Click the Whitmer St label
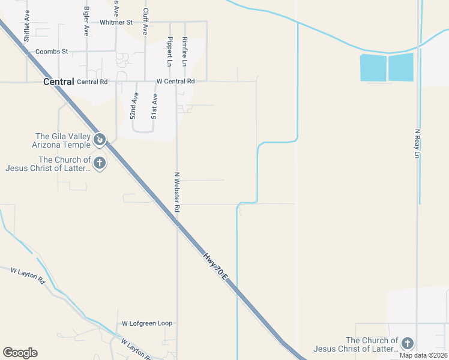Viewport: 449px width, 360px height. click(116, 22)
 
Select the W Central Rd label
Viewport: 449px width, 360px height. click(175, 81)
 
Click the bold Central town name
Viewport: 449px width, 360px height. click(59, 82)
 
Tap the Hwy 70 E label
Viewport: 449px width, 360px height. click(215, 266)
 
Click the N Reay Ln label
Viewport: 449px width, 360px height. click(418, 142)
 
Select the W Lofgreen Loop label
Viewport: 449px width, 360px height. click(147, 323)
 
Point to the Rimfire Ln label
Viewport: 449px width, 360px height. click(185, 52)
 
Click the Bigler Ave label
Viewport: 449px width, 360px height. click(86, 23)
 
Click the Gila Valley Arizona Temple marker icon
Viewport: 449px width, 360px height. click(100, 140)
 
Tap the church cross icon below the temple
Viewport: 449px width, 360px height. click(100, 163)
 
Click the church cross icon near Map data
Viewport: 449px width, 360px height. click(408, 343)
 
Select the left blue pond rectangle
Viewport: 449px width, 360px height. click(373, 67)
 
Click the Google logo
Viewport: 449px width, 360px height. click(20, 353)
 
